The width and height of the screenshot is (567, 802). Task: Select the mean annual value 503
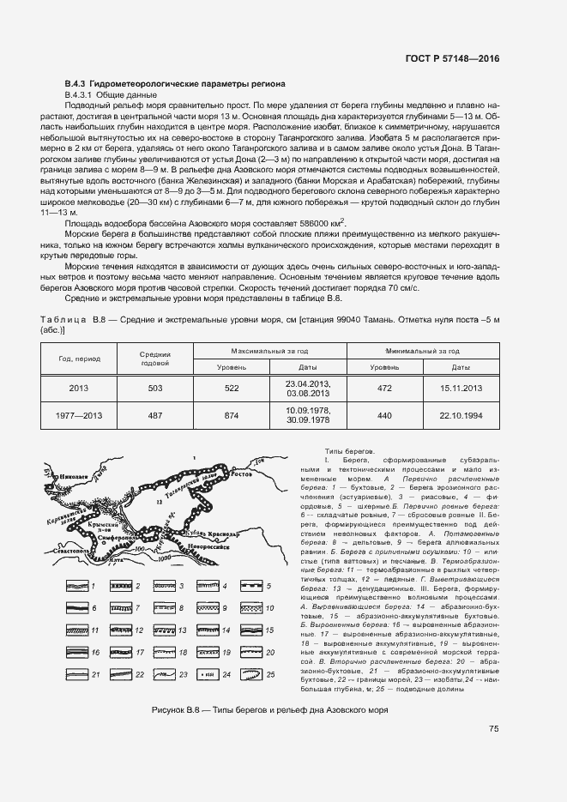tap(155, 388)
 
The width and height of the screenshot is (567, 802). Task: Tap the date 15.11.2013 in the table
tap(461, 388)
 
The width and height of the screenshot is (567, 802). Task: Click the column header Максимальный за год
tap(268, 352)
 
